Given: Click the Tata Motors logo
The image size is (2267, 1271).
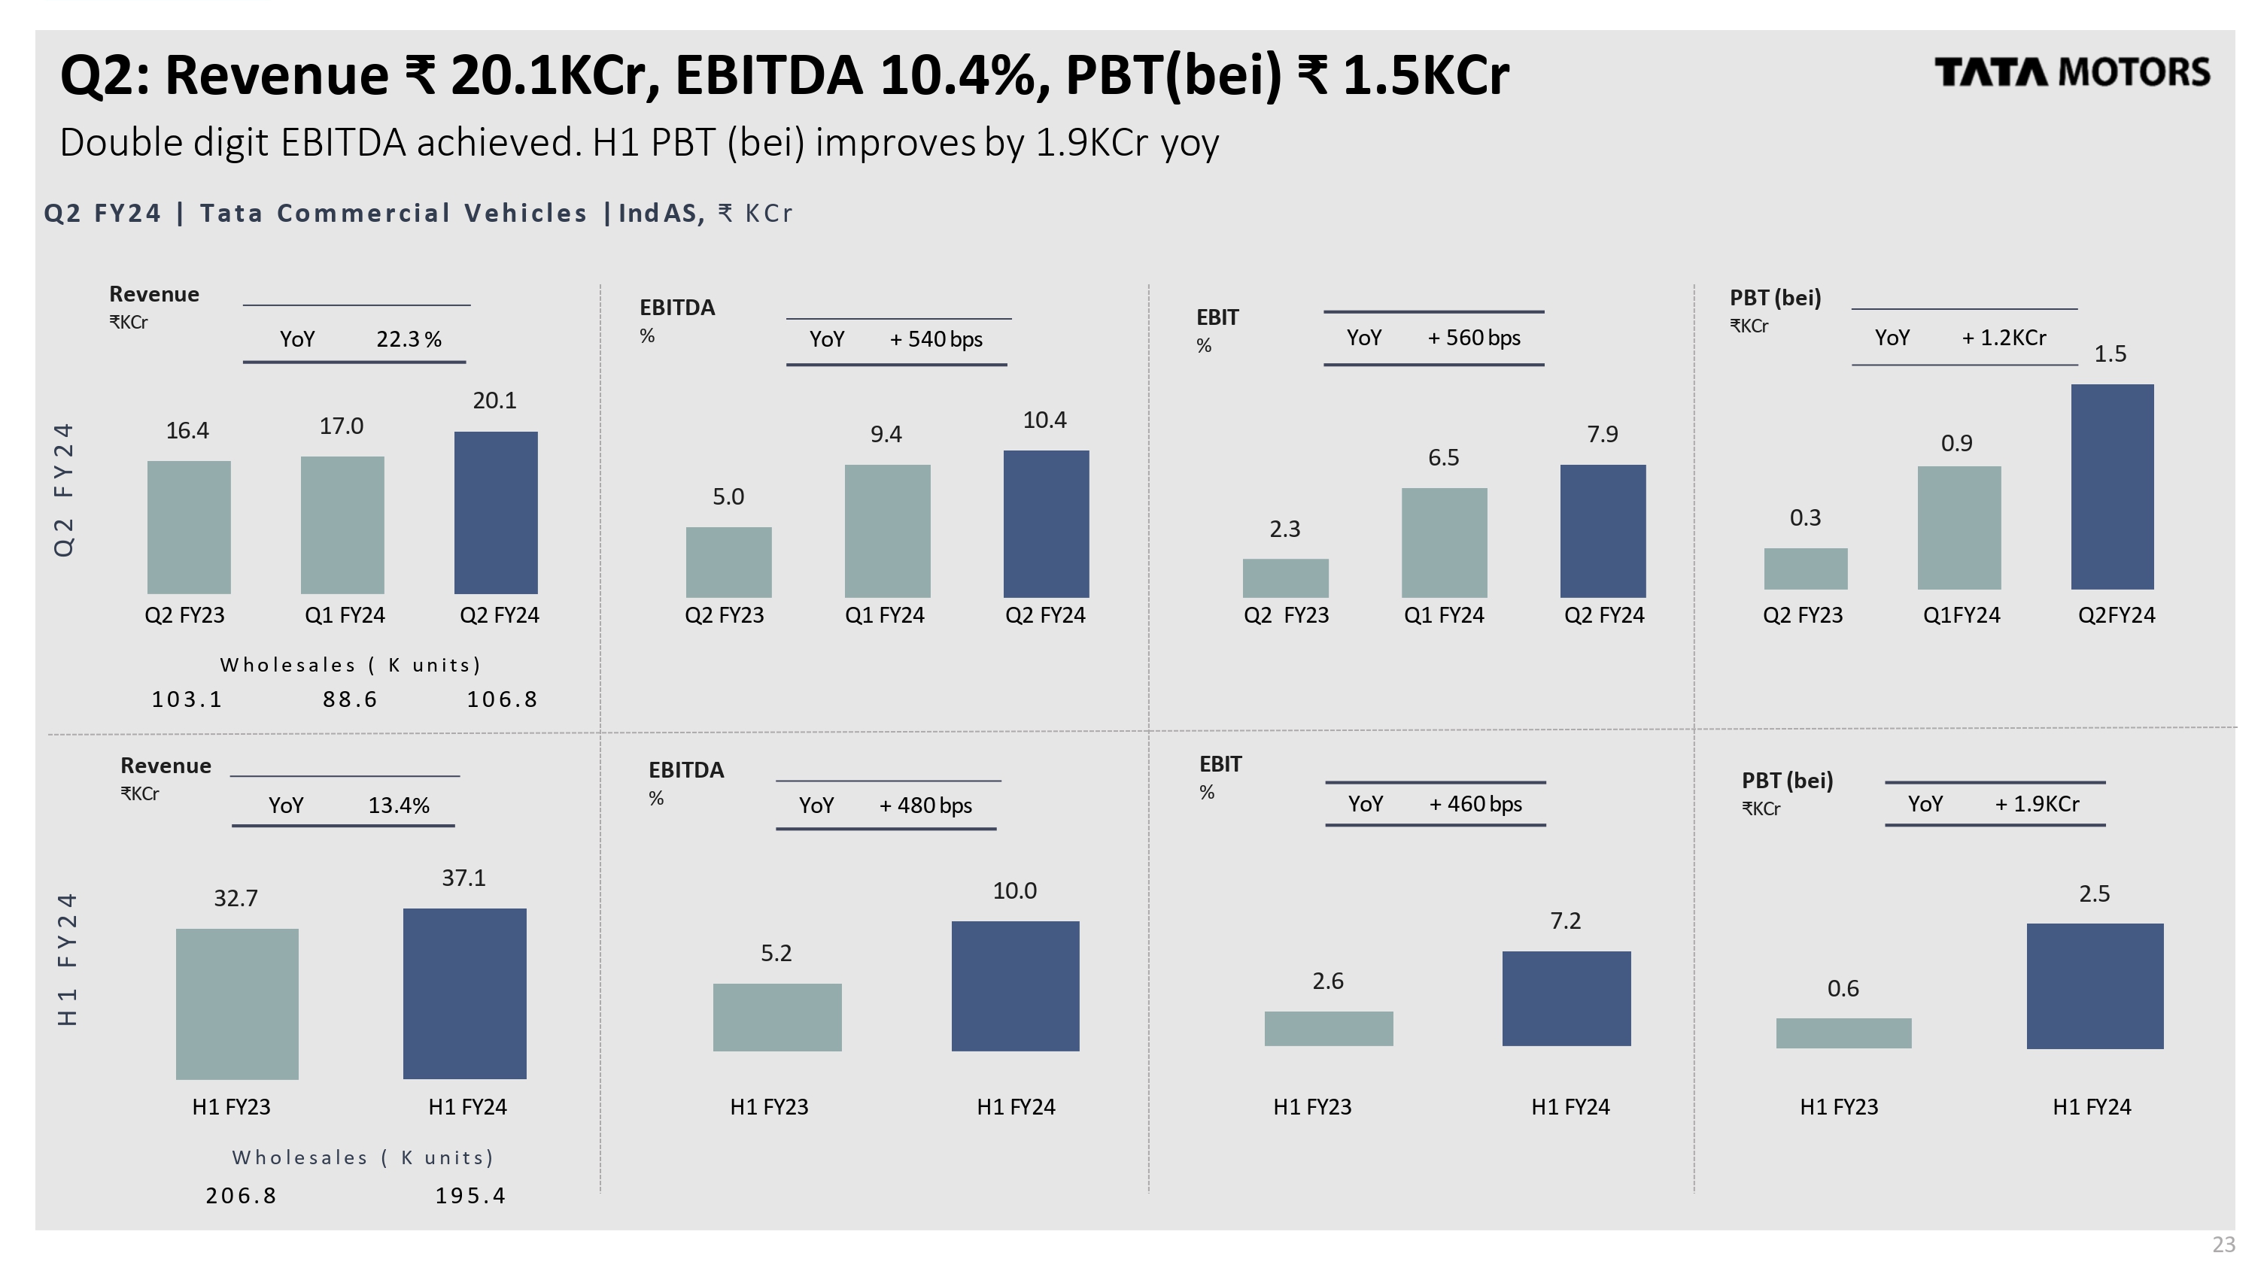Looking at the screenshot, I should tap(2071, 72).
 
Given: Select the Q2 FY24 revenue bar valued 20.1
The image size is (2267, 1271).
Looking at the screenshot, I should tap(496, 512).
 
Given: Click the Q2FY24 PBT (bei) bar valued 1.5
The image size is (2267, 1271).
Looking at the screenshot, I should tap(2111, 487).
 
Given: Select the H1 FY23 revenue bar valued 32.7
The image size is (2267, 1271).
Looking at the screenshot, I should tap(237, 1003).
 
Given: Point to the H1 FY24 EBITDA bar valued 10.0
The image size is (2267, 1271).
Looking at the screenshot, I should tap(1015, 985).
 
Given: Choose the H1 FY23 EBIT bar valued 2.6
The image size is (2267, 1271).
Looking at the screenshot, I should tap(1328, 1028).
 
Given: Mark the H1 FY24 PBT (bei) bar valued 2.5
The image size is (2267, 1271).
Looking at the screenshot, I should tap(2094, 985).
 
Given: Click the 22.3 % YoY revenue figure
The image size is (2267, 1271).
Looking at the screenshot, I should tap(409, 339).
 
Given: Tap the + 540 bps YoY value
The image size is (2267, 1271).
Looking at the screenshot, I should tap(935, 339).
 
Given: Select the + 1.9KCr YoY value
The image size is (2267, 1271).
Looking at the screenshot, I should tap(2037, 804).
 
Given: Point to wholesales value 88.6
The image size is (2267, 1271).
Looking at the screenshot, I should tap(349, 699).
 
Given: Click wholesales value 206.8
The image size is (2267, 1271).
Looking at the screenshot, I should tap(241, 1195).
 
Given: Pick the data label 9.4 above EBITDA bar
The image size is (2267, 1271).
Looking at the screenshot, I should tap(886, 435).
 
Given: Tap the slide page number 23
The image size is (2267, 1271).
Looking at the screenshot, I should tap(2223, 1245).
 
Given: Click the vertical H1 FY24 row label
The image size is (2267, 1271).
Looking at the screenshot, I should tap(67, 959).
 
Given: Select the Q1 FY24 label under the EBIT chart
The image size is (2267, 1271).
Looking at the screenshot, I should tap(1443, 615).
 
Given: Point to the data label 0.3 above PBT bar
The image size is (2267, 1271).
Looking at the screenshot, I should tap(1804, 518).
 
